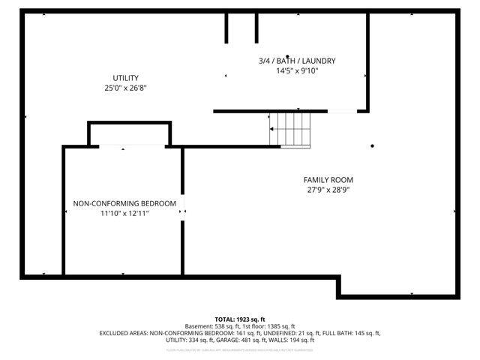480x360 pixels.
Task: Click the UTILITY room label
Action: tap(125, 78)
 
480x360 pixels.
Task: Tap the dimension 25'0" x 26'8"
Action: tap(125, 88)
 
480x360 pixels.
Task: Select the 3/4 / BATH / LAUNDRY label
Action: tap(296, 61)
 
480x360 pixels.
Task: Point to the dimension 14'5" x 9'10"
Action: tap(296, 70)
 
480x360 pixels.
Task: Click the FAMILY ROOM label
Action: tap(328, 180)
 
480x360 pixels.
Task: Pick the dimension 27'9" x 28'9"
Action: tap(328, 190)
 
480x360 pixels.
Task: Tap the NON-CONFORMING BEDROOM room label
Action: tap(124, 203)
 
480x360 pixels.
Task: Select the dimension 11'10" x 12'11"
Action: tap(124, 213)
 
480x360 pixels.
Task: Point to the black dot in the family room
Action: tap(372, 146)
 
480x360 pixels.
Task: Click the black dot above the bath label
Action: tap(286, 35)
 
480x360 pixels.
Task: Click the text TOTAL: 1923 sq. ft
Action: tap(240, 319)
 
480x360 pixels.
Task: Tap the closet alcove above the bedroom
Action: tap(130, 134)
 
